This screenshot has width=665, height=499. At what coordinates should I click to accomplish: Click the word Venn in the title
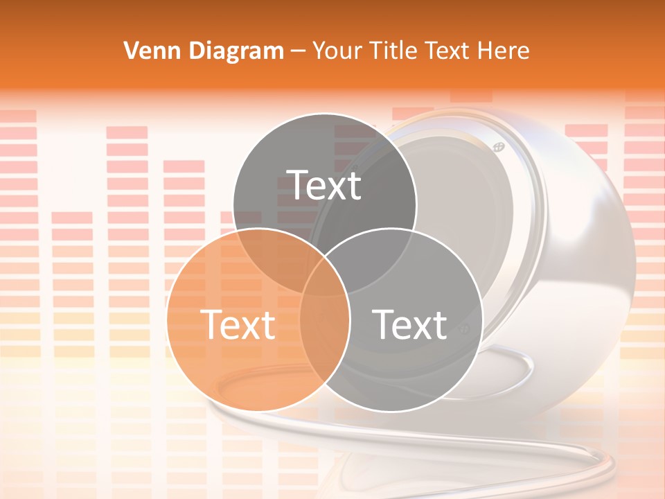pos(146,51)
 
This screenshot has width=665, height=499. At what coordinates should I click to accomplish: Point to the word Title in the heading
pos(394,51)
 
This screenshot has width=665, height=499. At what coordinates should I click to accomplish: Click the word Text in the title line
pos(450,51)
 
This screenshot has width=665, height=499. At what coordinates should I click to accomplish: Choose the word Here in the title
pos(506,51)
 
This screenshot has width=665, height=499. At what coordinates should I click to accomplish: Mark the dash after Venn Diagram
pos(298,51)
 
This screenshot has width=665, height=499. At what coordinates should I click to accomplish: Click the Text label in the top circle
pos(325,185)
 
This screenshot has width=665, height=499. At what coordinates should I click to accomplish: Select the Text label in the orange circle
pos(238,324)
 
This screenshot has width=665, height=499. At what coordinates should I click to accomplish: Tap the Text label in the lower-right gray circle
pos(410,324)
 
